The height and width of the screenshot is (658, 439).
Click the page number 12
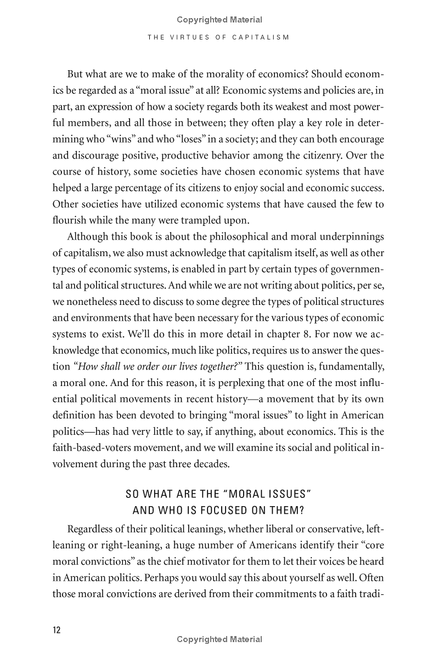(x=57, y=629)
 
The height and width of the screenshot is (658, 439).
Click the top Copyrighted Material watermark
(x=219, y=20)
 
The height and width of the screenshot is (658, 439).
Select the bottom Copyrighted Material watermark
(x=219, y=639)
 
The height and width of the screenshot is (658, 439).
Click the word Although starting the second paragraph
(x=87, y=237)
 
